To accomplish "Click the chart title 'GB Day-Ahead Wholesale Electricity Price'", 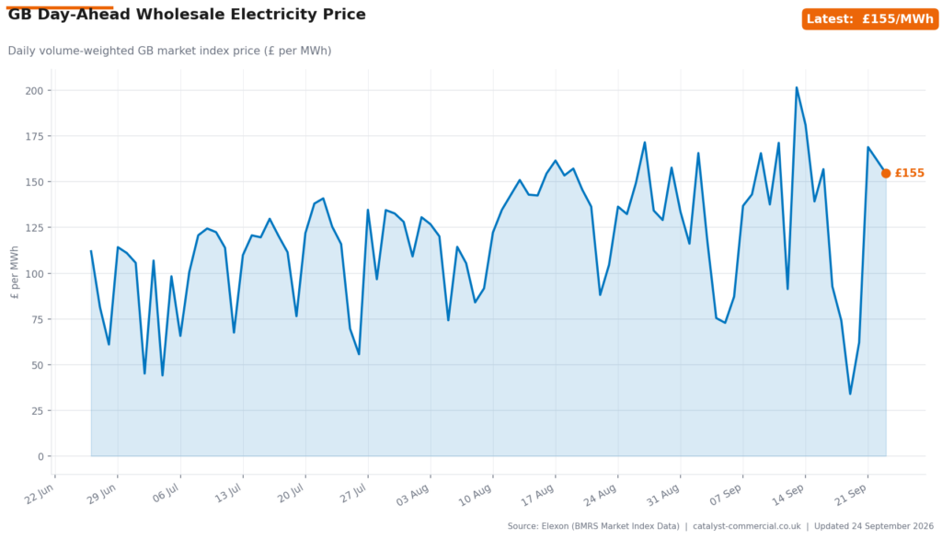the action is coord(187,15).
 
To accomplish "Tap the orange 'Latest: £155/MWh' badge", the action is coord(870,19).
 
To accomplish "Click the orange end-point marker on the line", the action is coord(886,173).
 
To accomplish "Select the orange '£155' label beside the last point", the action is coord(910,173).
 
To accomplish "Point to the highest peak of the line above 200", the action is coord(797,87).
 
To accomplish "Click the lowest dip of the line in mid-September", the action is coord(850,394).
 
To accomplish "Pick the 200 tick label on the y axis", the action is coord(34,91).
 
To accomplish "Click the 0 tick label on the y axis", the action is coord(40,456).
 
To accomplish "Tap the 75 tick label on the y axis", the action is coord(37,319).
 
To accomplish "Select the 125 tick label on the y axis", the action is coord(34,228).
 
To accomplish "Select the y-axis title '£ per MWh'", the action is coord(15,272).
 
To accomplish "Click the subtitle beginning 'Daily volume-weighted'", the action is coord(169,52).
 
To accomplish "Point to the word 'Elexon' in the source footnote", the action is coord(555,526).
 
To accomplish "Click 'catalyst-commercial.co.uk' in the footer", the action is coord(747,526).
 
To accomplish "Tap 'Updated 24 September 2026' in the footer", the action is coord(874,526).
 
